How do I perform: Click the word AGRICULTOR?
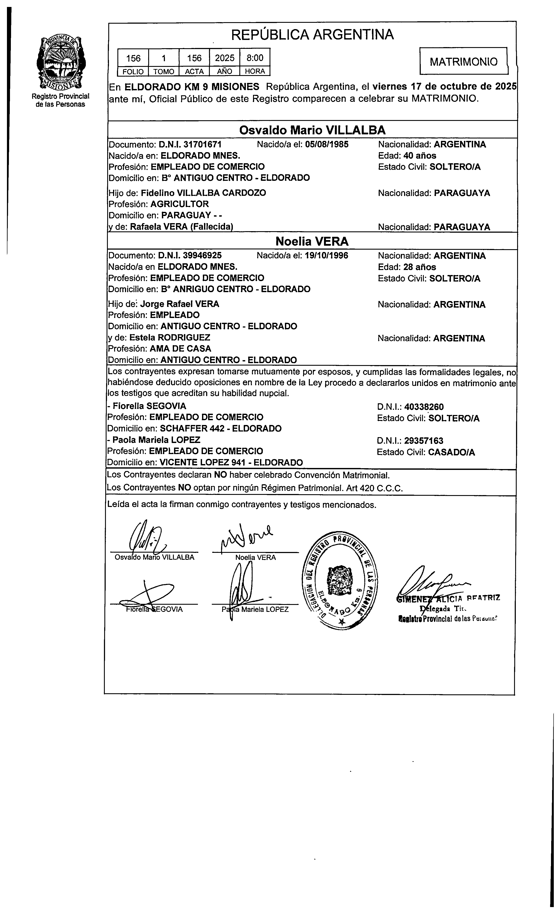(179, 204)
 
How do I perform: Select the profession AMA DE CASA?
(180, 349)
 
